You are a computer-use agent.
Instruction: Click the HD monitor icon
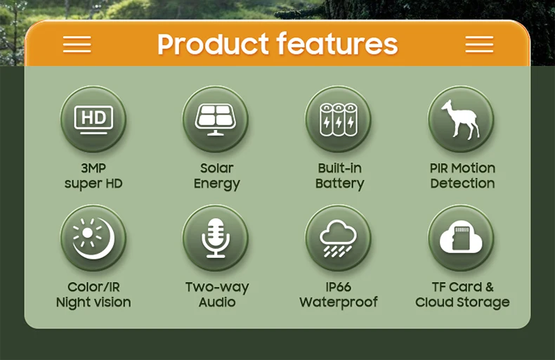pyautogui.click(x=93, y=119)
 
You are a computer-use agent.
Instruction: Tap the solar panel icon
pyautogui.click(x=216, y=119)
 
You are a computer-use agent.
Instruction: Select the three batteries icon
pyautogui.click(x=338, y=119)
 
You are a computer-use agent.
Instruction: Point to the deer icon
pyautogui.click(x=461, y=119)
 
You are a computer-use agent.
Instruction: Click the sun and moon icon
pyautogui.click(x=93, y=238)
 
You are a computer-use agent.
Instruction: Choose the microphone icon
pyautogui.click(x=216, y=238)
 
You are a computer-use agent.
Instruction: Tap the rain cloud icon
pyautogui.click(x=338, y=238)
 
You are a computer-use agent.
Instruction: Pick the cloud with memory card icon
pyautogui.click(x=461, y=238)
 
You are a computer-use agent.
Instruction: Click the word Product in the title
pyautogui.click(x=214, y=44)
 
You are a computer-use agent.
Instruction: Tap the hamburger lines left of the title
pyautogui.click(x=77, y=44)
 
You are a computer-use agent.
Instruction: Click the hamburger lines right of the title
pyautogui.click(x=479, y=44)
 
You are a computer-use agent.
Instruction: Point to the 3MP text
pyautogui.click(x=93, y=168)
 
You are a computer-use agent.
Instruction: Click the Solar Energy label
pyautogui.click(x=216, y=176)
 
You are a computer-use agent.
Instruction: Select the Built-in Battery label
pyautogui.click(x=339, y=176)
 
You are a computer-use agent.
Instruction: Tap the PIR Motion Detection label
pyautogui.click(x=462, y=176)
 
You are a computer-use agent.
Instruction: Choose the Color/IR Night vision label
pyautogui.click(x=93, y=295)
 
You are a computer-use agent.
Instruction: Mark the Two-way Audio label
pyautogui.click(x=217, y=295)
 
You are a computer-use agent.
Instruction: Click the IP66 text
pyautogui.click(x=339, y=287)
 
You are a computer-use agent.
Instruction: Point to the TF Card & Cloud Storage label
pyautogui.click(x=462, y=295)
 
